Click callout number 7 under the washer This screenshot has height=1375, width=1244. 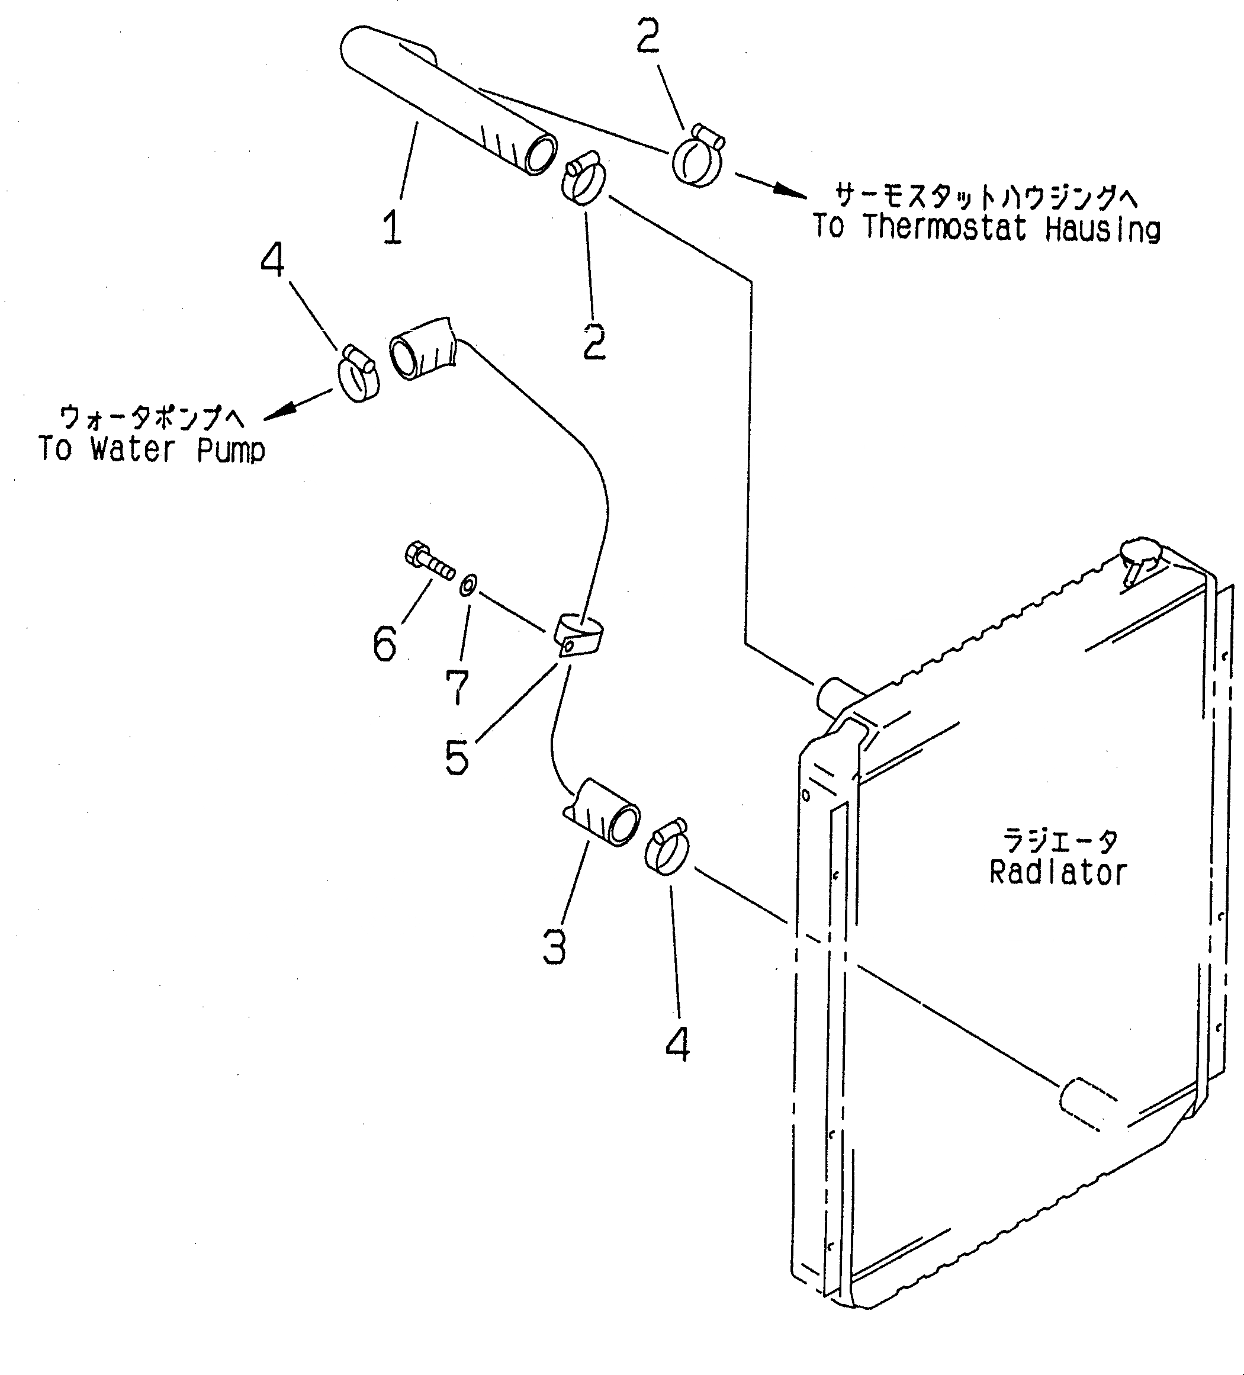pos(458,687)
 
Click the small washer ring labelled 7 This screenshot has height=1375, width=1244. pos(468,584)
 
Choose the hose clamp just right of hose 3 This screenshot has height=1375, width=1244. pos(666,846)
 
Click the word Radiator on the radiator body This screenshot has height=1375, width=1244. pos(1058,873)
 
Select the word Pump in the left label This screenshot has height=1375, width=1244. pos(230,449)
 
